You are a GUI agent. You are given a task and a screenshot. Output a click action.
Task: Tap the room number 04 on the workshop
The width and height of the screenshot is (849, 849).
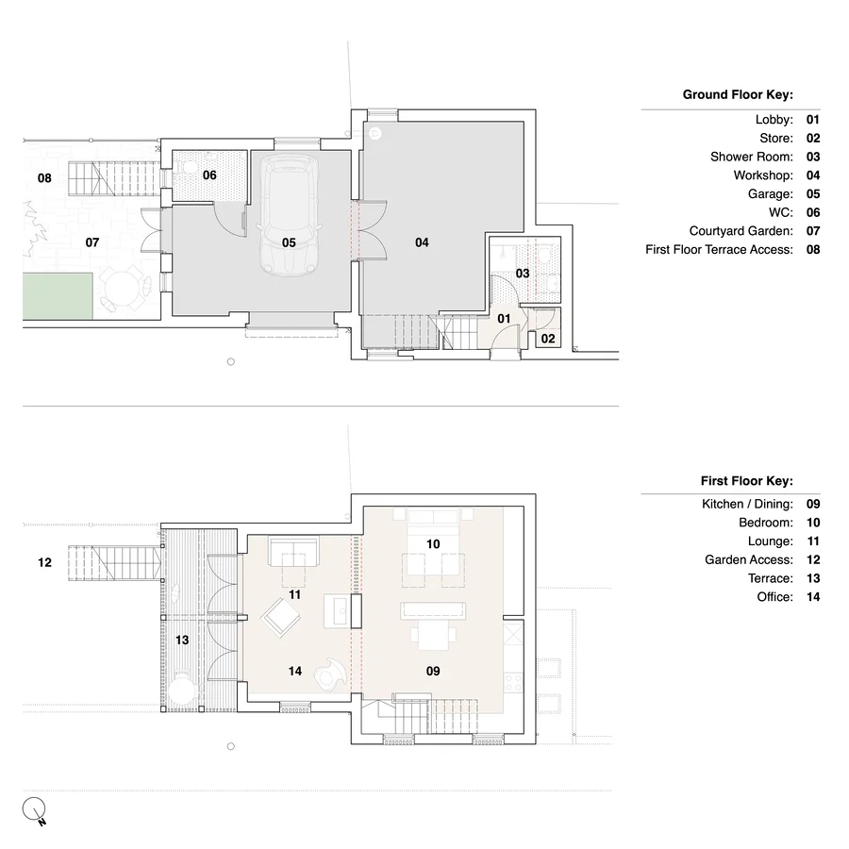tap(422, 242)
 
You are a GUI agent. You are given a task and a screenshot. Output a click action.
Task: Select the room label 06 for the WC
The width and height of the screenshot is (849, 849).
tap(209, 175)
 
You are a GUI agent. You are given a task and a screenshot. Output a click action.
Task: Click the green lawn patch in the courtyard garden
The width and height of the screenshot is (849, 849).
tap(58, 294)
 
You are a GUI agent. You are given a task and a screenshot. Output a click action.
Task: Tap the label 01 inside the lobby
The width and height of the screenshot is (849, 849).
tap(504, 319)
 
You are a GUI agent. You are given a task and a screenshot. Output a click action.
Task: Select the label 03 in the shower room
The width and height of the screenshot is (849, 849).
tap(523, 273)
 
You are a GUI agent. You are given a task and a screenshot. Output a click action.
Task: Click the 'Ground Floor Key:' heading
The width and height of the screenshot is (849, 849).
tap(737, 94)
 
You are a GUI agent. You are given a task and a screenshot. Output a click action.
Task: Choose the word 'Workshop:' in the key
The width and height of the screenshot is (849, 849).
tap(763, 175)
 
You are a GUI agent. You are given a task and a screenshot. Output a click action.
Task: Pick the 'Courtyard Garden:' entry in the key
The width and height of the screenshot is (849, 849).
tap(741, 231)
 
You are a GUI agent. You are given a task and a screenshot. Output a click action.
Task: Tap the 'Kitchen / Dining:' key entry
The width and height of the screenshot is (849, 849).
tap(747, 504)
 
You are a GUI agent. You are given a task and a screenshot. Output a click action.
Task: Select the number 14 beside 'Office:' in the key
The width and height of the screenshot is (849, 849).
tap(813, 597)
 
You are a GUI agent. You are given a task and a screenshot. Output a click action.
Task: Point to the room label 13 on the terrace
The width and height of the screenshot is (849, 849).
tap(182, 640)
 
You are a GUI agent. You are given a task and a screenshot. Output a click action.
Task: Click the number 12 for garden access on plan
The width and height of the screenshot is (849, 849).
tap(44, 563)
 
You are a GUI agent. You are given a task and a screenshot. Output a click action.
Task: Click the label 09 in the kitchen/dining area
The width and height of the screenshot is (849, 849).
tap(433, 672)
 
